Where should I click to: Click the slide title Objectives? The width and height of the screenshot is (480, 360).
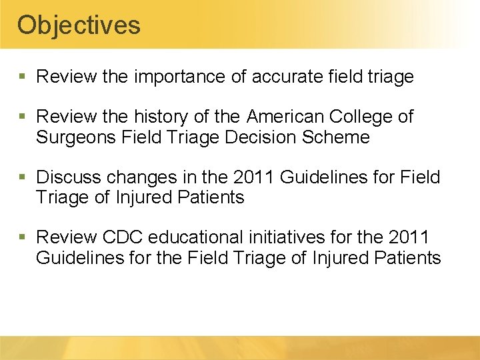click(79, 25)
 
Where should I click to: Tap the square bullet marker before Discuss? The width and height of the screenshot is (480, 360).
click(24, 178)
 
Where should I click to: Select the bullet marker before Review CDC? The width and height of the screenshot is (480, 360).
click(24, 238)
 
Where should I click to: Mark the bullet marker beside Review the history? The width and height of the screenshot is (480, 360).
click(24, 117)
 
